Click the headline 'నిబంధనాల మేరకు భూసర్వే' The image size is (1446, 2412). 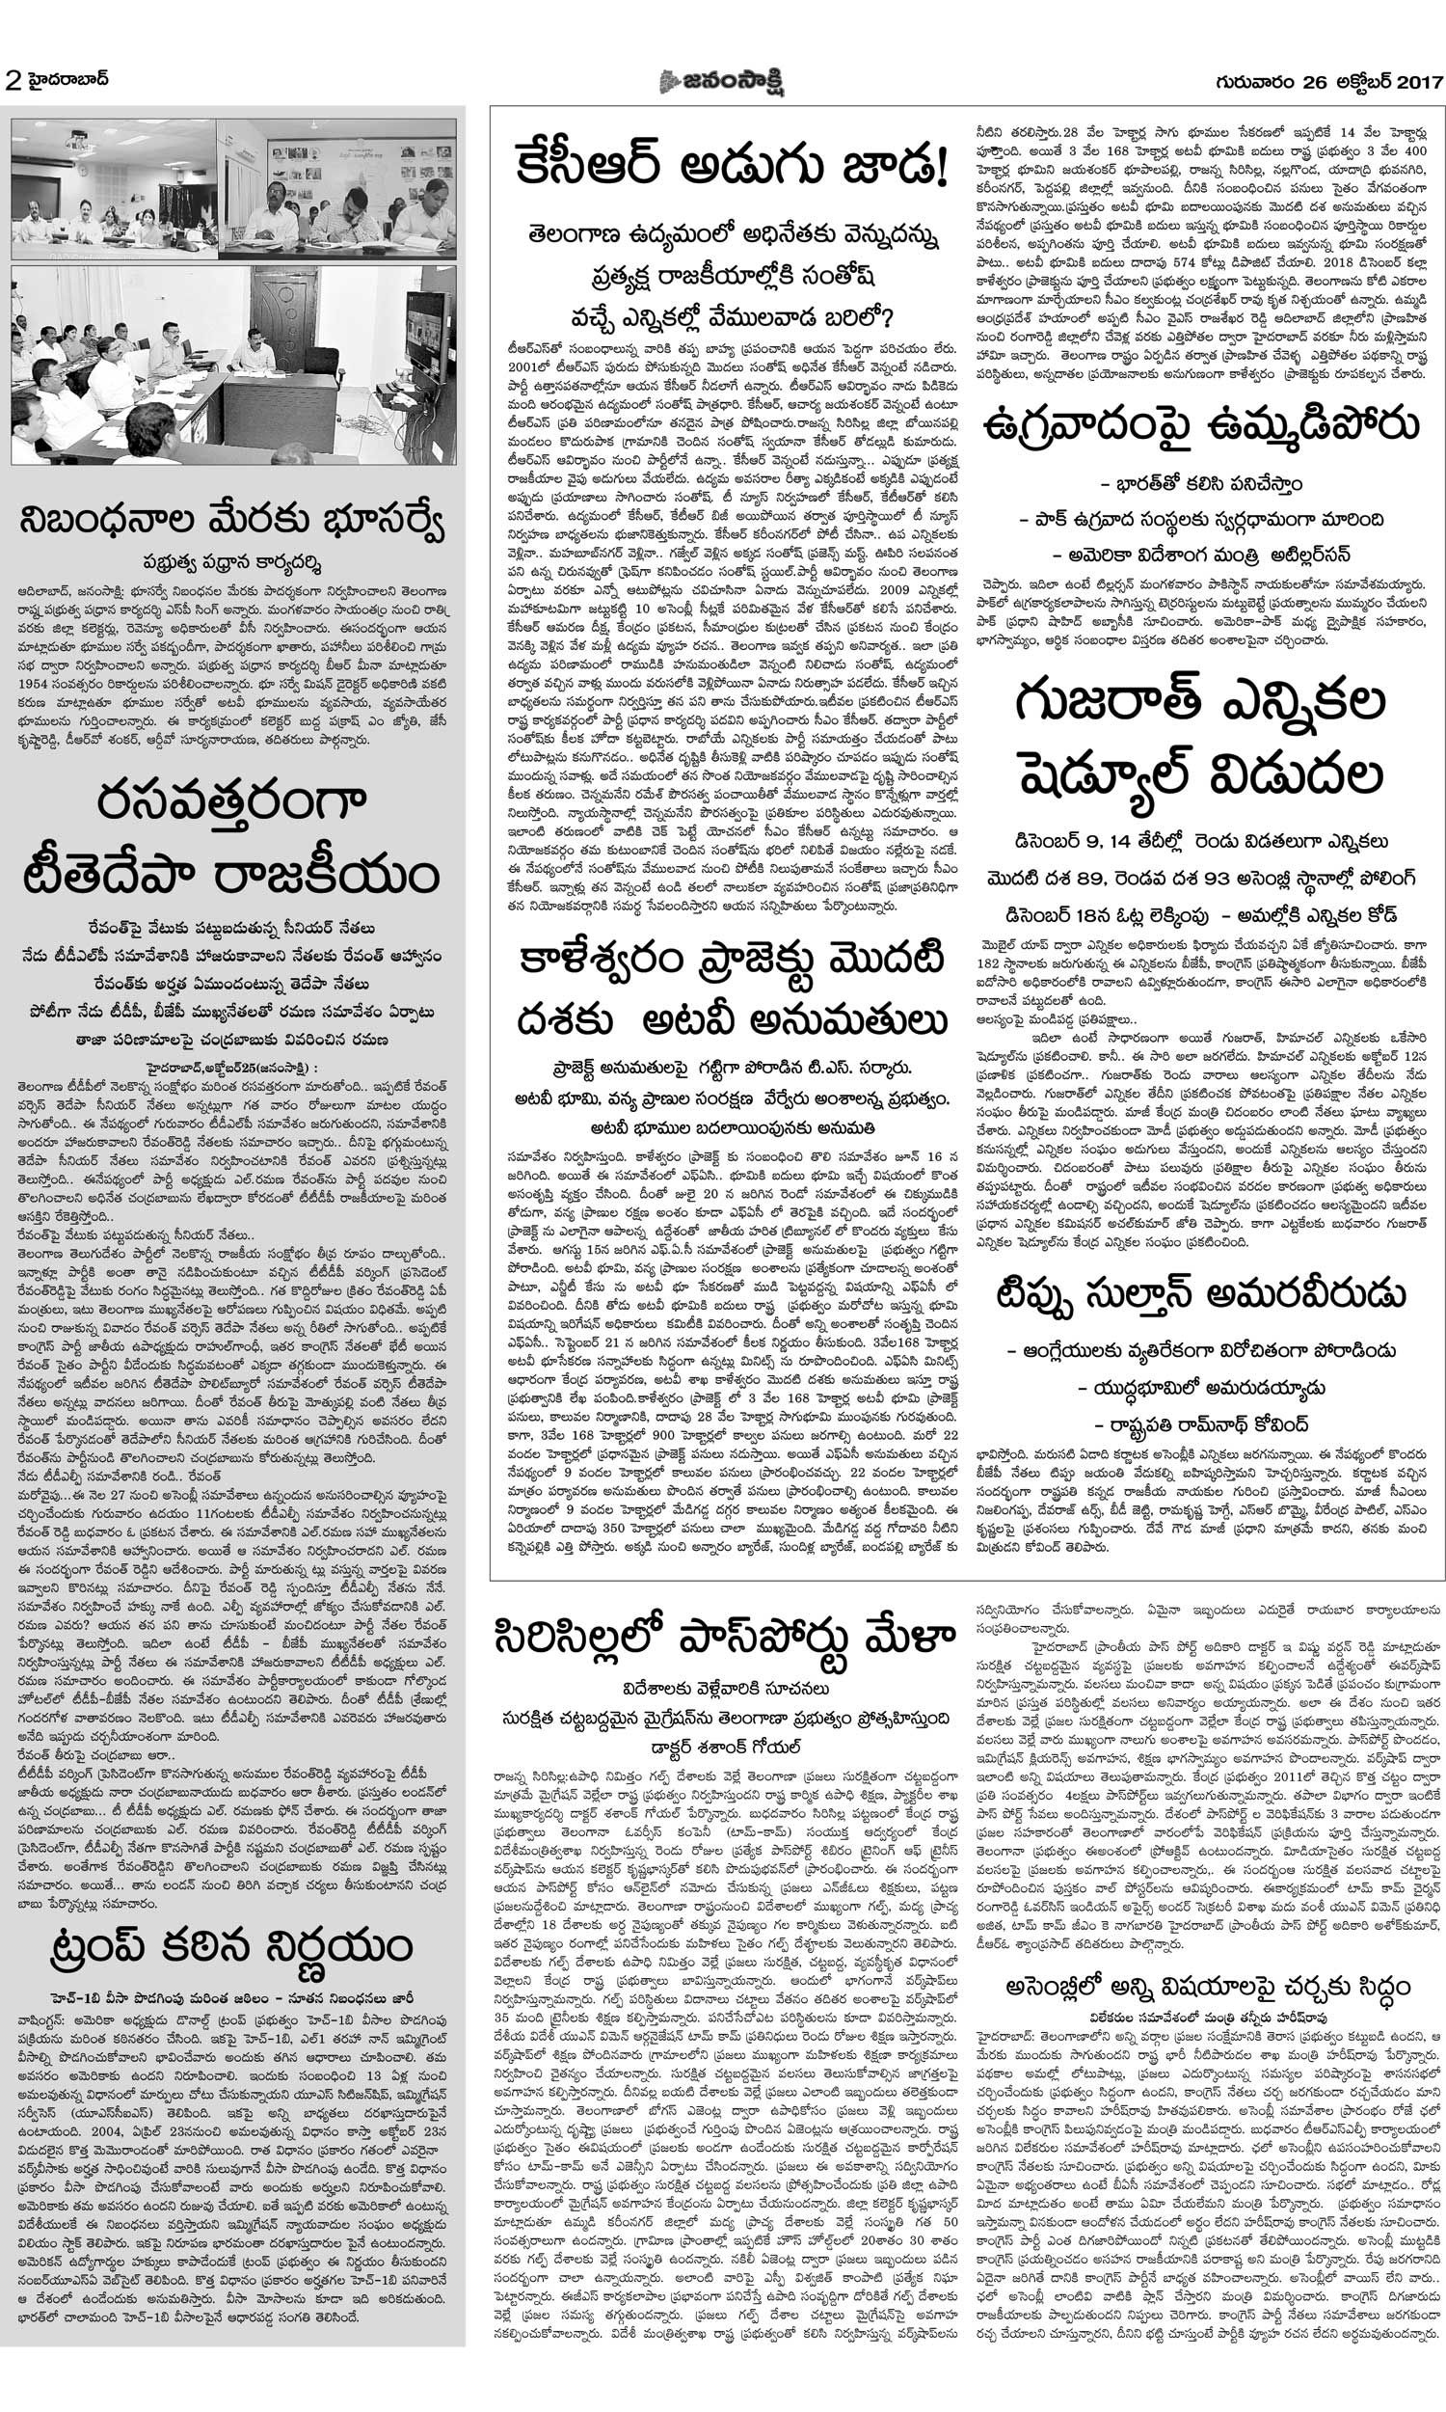[231, 522]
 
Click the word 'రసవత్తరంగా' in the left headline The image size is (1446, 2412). [231, 802]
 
